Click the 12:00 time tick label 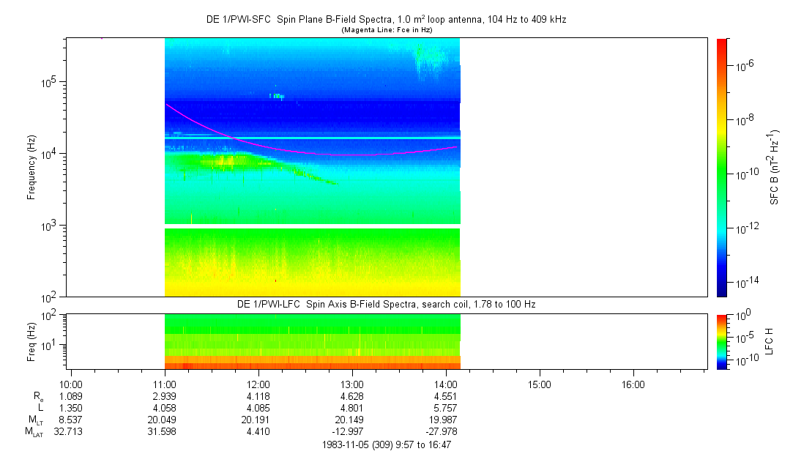(258, 384)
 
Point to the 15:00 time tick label (540, 384)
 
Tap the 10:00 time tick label (71, 384)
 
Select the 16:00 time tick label (633, 384)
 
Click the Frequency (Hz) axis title (31, 168)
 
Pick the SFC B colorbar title (774, 168)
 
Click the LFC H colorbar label (770, 341)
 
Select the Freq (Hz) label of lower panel (31, 341)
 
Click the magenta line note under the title (386, 29)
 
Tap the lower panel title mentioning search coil (386, 304)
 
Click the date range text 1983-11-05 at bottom (386, 444)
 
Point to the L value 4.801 (352, 407)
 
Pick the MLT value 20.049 (165, 420)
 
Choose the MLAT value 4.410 (258, 431)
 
